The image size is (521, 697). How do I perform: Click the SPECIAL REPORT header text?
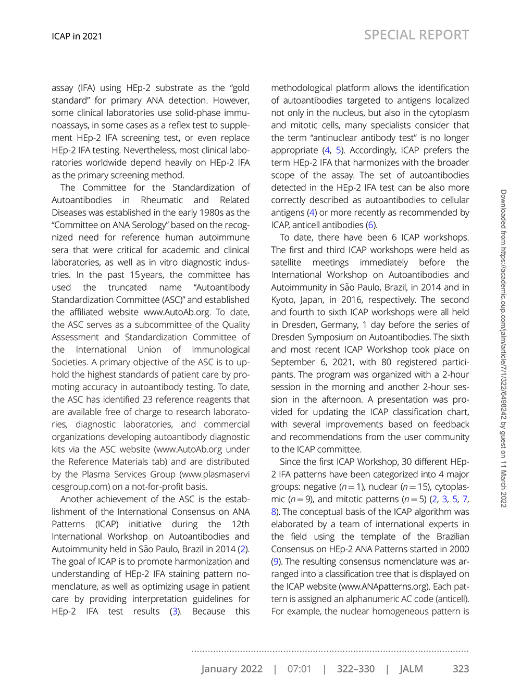(x=416, y=35)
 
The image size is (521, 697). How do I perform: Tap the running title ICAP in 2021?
(x=77, y=36)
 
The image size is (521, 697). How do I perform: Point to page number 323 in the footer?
(x=461, y=669)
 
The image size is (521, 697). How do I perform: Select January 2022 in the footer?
(x=232, y=669)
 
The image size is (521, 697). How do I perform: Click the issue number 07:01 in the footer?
(x=299, y=669)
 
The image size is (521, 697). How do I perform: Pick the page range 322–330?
(x=355, y=669)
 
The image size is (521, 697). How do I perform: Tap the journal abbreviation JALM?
(x=411, y=669)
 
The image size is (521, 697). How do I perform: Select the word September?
(x=293, y=363)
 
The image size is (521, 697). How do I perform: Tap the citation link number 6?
(x=370, y=225)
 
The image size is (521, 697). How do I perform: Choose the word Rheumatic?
(x=162, y=200)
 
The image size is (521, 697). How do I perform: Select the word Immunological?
(x=220, y=350)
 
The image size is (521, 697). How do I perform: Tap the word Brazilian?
(x=450, y=537)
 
